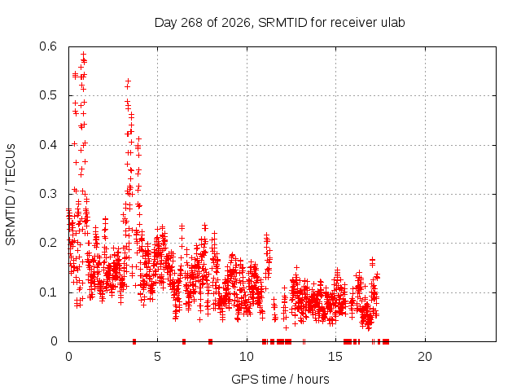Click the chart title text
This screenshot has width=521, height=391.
click(280, 23)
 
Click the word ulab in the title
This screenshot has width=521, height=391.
click(392, 23)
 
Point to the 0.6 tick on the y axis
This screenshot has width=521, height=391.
click(48, 46)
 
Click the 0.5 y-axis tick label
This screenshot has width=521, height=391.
click(48, 96)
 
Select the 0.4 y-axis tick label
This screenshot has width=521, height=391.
click(48, 145)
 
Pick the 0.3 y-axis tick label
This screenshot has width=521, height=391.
click(48, 194)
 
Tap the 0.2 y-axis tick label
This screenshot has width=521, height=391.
click(48, 243)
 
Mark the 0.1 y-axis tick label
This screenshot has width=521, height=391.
click(48, 292)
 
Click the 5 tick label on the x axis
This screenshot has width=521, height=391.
click(157, 357)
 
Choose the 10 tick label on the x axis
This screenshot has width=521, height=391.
click(247, 357)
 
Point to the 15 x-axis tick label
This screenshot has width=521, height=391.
click(335, 357)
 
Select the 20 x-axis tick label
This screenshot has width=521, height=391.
click(425, 357)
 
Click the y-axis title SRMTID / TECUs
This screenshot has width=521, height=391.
click(11, 195)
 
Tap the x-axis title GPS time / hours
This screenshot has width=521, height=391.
click(280, 379)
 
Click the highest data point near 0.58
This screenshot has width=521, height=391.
click(83, 54)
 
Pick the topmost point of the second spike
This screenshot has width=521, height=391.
click(128, 81)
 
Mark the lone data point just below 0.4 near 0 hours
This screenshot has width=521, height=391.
click(74, 143)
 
